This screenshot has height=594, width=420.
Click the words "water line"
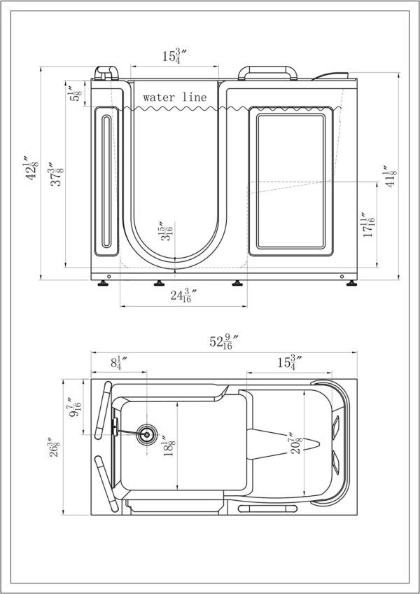[x=175, y=97]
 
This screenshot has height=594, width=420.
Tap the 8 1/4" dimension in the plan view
[x=118, y=363]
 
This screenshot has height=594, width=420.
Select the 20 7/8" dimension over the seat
[x=295, y=444]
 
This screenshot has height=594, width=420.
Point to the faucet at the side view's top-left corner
[x=106, y=73]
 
